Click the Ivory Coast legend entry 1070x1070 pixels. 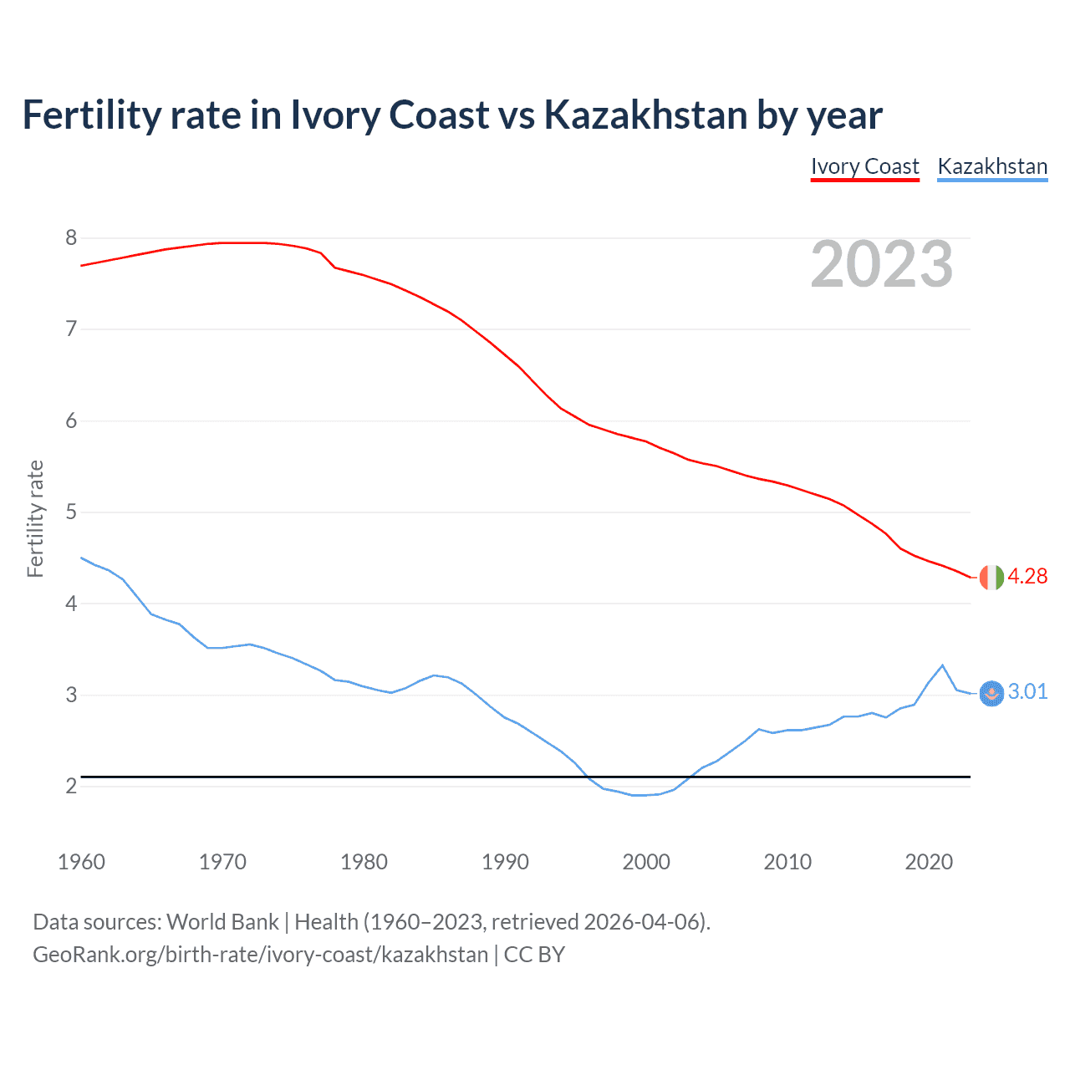pyautogui.click(x=864, y=166)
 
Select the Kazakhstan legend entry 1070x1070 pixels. pyautogui.click(x=992, y=166)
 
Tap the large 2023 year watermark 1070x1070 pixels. pyautogui.click(x=881, y=264)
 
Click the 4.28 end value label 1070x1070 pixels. pyautogui.click(x=1027, y=577)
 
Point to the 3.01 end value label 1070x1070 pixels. pyautogui.click(x=1027, y=692)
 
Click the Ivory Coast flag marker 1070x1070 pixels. pyautogui.click(x=991, y=578)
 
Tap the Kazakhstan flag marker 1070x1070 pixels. pyautogui.click(x=991, y=693)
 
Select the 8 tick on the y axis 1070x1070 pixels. pyautogui.click(x=71, y=238)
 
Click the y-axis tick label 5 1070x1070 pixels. pyautogui.click(x=71, y=512)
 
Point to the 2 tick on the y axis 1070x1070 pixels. pyautogui.click(x=71, y=786)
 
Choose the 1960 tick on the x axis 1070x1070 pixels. pyautogui.click(x=81, y=862)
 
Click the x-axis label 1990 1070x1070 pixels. pyautogui.click(x=505, y=862)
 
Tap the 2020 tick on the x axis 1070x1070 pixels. pyautogui.click(x=929, y=862)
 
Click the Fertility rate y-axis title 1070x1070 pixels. pyautogui.click(x=35, y=518)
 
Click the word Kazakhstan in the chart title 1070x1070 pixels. pyautogui.click(x=645, y=115)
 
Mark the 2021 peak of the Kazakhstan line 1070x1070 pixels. pyautogui.click(x=943, y=665)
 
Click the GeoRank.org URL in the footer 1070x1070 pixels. pyautogui.click(x=260, y=955)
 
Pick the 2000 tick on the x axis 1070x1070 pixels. pyautogui.click(x=646, y=862)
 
